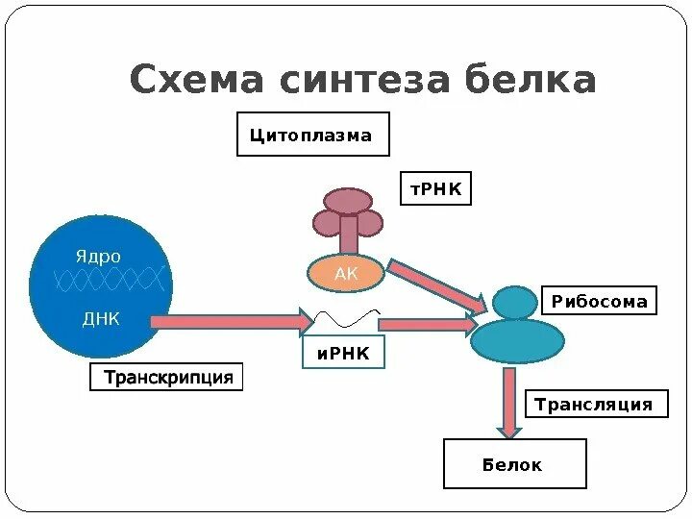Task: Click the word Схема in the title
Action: [196, 81]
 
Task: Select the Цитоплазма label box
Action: [313, 136]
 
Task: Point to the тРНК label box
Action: [436, 190]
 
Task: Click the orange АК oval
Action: [346, 274]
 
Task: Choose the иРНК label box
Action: [343, 355]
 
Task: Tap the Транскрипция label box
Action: [168, 378]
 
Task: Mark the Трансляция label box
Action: [593, 405]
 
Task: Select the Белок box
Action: [513, 465]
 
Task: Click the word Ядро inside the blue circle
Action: [99, 257]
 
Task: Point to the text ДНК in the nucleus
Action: [101, 319]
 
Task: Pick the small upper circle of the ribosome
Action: [517, 303]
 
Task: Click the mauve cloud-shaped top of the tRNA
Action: [348, 202]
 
